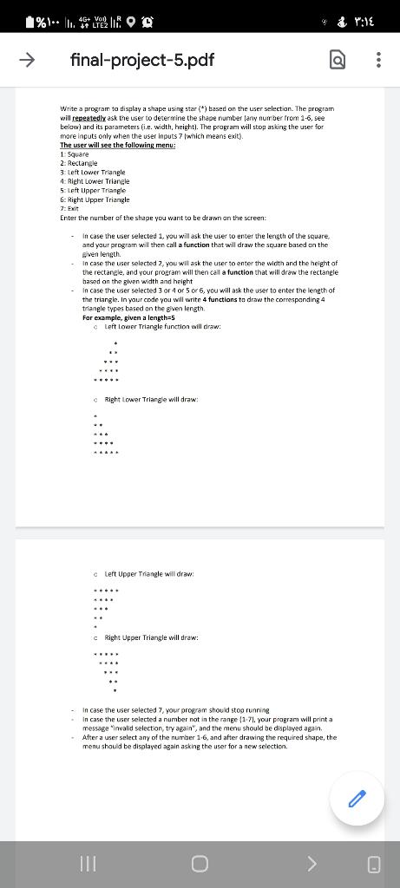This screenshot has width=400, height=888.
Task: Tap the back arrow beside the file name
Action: coord(28,60)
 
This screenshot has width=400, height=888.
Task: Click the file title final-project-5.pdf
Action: coord(142,61)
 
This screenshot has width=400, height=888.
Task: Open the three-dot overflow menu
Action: coord(377,61)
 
